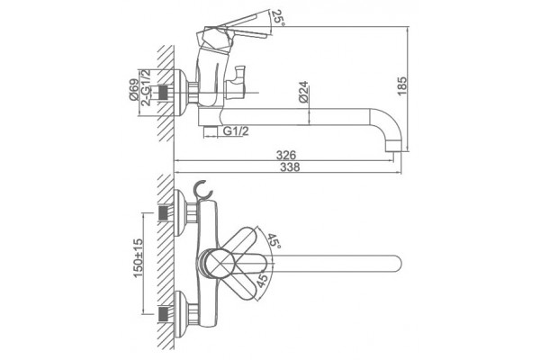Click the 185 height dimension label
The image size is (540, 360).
[402, 86]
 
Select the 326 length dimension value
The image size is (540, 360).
[286, 155]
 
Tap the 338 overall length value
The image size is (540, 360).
[290, 167]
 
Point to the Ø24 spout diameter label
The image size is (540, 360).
[303, 92]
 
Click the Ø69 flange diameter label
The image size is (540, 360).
[134, 90]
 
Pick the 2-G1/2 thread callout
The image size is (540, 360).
[147, 87]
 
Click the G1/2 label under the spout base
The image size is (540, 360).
[236, 130]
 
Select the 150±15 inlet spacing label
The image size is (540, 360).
[138, 258]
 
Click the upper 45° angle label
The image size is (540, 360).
[274, 242]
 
